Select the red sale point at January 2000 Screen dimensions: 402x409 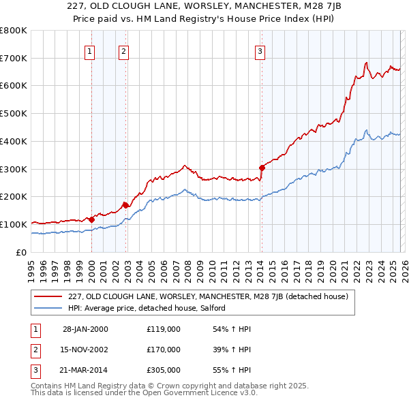(91, 219)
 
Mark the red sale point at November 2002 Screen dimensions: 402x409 (125, 204)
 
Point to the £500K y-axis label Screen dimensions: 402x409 (13, 114)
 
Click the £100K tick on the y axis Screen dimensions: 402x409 (13, 224)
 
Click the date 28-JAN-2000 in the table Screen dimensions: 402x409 (85, 329)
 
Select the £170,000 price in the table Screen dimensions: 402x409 (164, 350)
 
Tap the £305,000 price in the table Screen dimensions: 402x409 (164, 370)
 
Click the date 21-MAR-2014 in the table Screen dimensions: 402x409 (85, 370)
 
